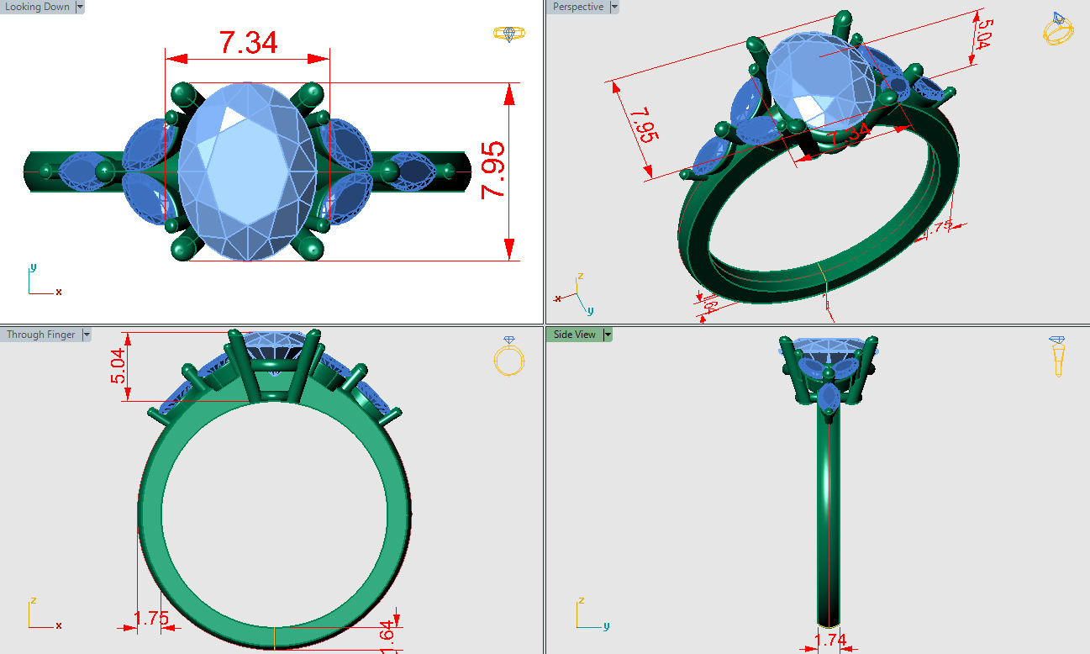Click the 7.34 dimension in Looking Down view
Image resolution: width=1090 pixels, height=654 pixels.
tap(248, 43)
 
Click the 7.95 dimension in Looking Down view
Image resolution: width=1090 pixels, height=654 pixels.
tap(493, 170)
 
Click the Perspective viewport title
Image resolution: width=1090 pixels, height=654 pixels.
tap(578, 7)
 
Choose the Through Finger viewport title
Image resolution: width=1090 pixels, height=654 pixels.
tap(40, 335)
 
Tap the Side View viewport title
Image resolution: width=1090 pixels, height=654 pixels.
tap(575, 335)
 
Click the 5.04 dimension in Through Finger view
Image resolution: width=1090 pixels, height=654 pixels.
tap(120, 367)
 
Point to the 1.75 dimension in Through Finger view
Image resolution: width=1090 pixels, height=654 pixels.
tap(151, 619)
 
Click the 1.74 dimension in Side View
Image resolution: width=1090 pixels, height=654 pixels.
tap(830, 641)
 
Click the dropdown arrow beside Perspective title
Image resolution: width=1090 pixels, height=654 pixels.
tap(614, 7)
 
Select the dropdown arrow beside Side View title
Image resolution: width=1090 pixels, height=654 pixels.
tap(608, 335)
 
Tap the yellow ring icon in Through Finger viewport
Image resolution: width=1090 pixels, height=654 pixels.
tap(508, 356)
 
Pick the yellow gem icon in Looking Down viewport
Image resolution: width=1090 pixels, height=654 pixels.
tap(509, 34)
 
